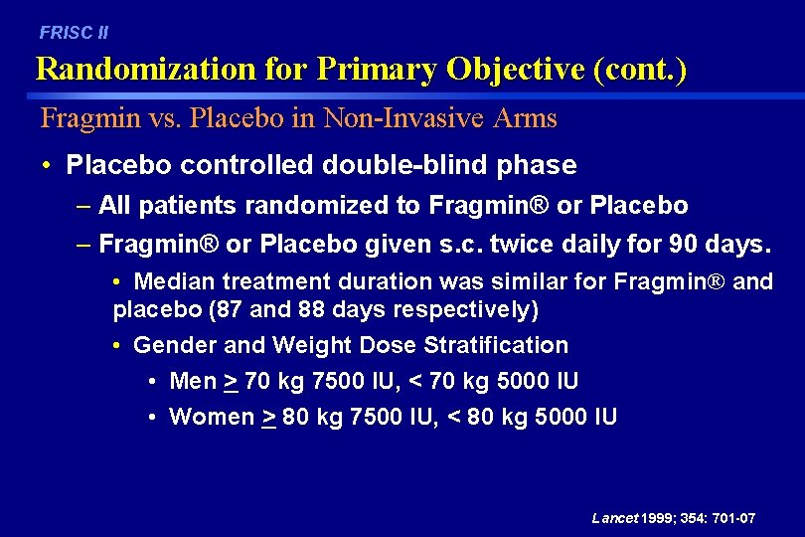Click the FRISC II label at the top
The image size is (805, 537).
74,33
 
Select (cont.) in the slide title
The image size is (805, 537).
638,70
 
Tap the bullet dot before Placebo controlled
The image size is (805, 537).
47,165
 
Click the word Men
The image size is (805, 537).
193,382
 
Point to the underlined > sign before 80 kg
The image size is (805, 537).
268,417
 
